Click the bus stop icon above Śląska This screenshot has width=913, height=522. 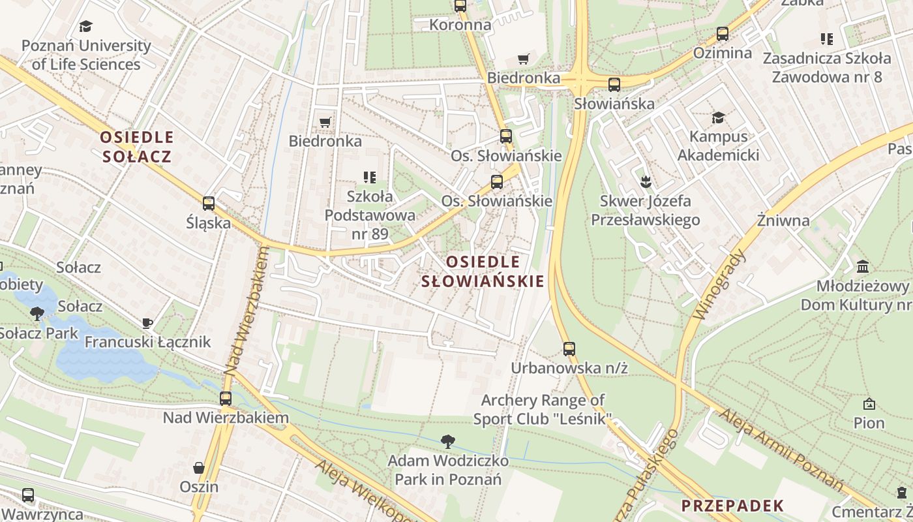pyautogui.click(x=209, y=204)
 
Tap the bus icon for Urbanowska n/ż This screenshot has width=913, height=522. pyautogui.click(x=569, y=349)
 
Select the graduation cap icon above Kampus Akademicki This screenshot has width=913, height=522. pyautogui.click(x=718, y=117)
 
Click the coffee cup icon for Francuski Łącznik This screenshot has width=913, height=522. pyautogui.click(x=147, y=323)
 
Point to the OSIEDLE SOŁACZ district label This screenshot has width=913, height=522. pyautogui.click(x=137, y=147)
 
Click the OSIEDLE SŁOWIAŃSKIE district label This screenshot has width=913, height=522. pyautogui.click(x=483, y=271)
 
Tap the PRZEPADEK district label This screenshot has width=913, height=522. pyautogui.click(x=732, y=506)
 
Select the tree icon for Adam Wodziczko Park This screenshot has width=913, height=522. pyautogui.click(x=448, y=442)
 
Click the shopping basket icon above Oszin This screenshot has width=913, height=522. pyautogui.click(x=199, y=468)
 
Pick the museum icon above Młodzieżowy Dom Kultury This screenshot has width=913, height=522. pyautogui.click(x=863, y=266)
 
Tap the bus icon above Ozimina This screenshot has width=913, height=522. pyautogui.click(x=723, y=34)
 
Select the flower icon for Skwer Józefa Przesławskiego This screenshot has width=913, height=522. pyautogui.click(x=646, y=181)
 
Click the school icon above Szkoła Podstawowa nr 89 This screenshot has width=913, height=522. pyautogui.click(x=370, y=177)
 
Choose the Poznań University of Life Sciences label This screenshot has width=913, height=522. pyautogui.click(x=86, y=55)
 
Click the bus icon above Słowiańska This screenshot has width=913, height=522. pyautogui.click(x=614, y=85)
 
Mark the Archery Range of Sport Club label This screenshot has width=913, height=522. pyautogui.click(x=543, y=409)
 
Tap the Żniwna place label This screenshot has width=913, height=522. pyautogui.click(x=783, y=221)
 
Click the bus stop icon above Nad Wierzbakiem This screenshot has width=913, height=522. pyautogui.click(x=226, y=398)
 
